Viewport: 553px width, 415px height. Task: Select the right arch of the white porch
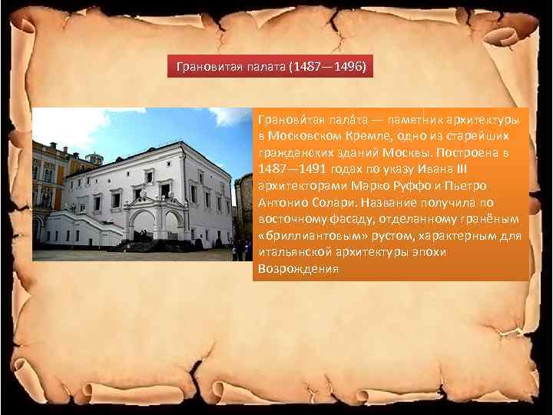coord(174,226)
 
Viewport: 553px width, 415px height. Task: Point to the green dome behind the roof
coord(95,158)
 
